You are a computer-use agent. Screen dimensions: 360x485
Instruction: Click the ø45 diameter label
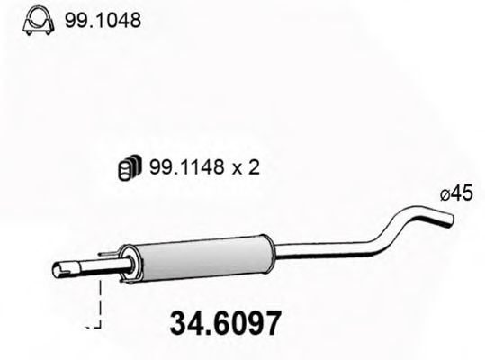pos(456,192)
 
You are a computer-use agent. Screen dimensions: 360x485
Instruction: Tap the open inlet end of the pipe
pos(58,269)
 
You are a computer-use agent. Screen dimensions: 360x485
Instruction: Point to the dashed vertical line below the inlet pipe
pos(101,302)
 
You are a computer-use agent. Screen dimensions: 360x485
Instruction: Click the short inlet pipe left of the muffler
pos(90,267)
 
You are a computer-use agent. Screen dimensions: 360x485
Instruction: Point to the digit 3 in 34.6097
pos(175,321)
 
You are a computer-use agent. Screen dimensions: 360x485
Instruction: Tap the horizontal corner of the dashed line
pos(94,326)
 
